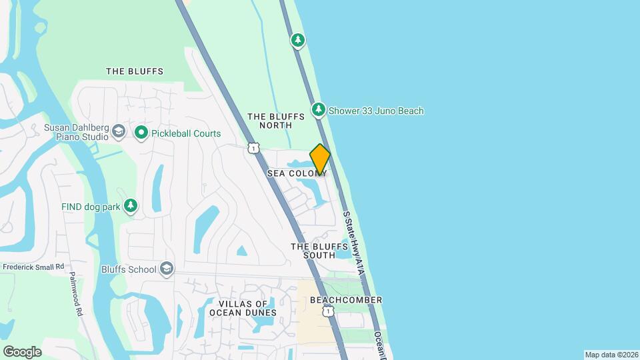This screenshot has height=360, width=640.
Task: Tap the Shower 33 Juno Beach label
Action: [377, 111]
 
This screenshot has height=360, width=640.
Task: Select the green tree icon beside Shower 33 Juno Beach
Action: [319, 109]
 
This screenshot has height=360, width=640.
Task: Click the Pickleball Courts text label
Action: [186, 133]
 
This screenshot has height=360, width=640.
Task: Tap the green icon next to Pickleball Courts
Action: [141, 133]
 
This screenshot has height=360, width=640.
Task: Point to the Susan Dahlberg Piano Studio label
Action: [76, 132]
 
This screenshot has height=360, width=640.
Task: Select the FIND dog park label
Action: [91, 207]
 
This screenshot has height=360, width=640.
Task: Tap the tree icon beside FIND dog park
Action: [131, 206]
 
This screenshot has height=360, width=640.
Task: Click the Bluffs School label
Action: [129, 269]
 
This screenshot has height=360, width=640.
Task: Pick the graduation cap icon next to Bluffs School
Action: [166, 269]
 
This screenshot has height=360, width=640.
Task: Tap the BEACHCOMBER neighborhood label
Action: [346, 300]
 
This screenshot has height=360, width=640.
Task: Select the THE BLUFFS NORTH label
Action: [276, 121]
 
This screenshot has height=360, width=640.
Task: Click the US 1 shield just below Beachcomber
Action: [327, 311]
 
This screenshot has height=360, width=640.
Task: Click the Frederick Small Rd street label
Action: [33, 266]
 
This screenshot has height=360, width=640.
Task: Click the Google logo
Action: [22, 351]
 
